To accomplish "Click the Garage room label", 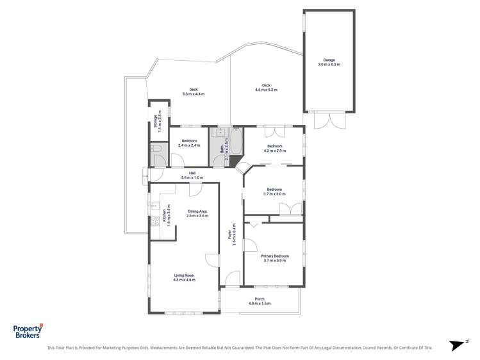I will [329, 62].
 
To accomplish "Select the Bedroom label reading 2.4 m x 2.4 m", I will [189, 143].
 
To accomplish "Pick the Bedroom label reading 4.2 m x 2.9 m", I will [274, 148].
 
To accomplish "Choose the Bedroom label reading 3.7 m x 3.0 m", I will [274, 191].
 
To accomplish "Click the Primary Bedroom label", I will [274, 258].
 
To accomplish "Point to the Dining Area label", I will [197, 213].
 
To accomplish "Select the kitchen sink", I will [154, 206].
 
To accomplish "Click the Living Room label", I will [184, 277].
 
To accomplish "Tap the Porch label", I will [260, 301].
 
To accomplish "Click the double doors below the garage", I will [329, 120].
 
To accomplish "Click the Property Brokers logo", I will [28, 331].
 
